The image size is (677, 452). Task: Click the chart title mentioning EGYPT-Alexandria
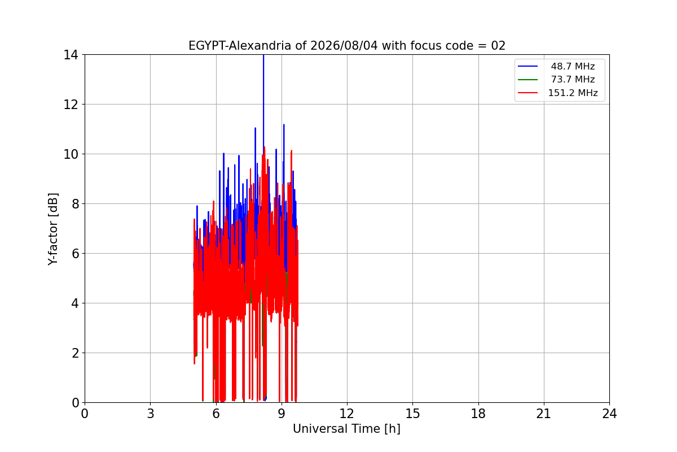(x=346, y=46)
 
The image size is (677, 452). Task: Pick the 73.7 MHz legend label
(x=573, y=79)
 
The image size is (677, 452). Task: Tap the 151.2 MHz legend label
(x=573, y=93)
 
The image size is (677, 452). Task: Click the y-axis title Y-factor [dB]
(x=52, y=229)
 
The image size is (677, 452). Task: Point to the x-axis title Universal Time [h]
(x=346, y=429)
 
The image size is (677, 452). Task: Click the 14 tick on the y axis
(x=71, y=55)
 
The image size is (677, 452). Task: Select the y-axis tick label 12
(x=71, y=105)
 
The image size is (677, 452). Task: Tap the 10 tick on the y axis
(x=71, y=154)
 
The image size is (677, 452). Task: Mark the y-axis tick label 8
(x=75, y=204)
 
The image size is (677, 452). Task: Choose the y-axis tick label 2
(x=75, y=353)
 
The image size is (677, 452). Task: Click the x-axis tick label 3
(x=151, y=414)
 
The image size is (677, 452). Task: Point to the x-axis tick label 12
(x=346, y=414)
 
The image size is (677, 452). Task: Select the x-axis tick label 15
(x=412, y=414)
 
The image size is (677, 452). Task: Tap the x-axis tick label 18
(x=478, y=414)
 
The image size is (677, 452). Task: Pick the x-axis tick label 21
(x=544, y=414)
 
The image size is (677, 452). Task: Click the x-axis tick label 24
(x=609, y=414)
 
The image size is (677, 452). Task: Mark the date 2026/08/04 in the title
(x=344, y=46)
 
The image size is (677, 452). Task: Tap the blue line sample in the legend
(x=527, y=66)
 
